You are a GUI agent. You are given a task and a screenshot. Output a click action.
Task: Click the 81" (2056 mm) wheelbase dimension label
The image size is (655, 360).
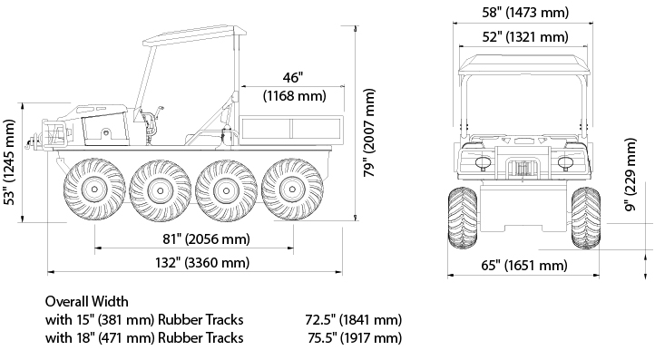tap(206, 238)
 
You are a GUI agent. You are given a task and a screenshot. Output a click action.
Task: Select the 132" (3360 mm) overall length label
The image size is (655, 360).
tap(202, 263)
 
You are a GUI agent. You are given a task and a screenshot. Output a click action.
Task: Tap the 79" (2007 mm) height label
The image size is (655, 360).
tap(369, 132)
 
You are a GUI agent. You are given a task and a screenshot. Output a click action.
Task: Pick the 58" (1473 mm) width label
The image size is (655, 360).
tap(525, 13)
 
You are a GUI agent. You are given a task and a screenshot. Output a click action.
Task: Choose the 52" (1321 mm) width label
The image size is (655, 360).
tap(525, 37)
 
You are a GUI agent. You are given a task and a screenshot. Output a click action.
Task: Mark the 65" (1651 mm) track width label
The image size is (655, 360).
tap(524, 265)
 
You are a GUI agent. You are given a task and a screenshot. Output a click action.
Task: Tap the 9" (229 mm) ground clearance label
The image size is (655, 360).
tap(631, 175)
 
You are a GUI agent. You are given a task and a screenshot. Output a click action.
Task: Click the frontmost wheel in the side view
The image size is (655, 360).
tap(94, 190)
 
